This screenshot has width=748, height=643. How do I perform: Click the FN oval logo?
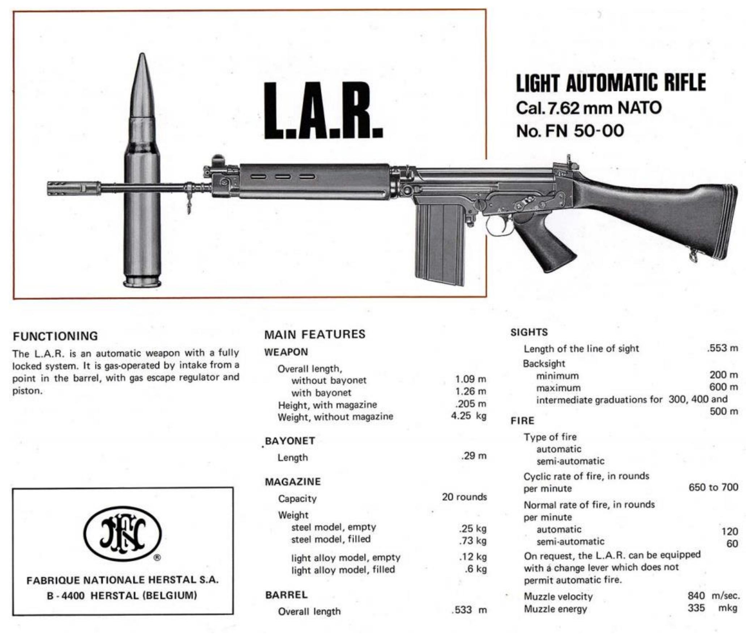point(123,534)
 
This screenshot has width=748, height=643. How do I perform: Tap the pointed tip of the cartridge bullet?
point(142,56)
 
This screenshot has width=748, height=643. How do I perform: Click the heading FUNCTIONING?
point(55,336)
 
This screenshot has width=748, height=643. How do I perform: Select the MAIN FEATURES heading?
point(315,334)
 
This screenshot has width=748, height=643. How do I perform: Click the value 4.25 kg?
point(468,415)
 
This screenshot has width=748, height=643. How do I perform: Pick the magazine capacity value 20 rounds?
point(464,497)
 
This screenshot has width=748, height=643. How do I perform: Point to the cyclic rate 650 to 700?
point(713,487)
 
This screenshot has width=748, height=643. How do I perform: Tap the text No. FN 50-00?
point(570,131)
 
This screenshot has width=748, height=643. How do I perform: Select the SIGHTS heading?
point(529,333)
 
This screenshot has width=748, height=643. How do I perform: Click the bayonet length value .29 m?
point(474,456)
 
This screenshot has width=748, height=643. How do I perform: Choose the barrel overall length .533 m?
point(469,610)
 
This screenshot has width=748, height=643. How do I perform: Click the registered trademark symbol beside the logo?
point(157,558)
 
